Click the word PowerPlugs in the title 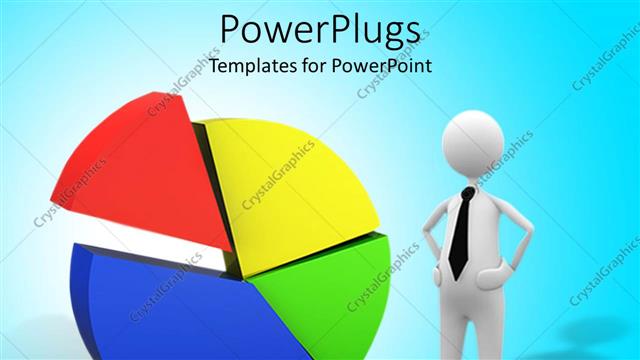[x=319, y=32]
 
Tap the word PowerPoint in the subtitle [x=385, y=68]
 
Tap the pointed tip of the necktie [x=456, y=275]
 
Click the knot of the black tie [x=466, y=192]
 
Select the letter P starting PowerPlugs [x=230, y=32]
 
